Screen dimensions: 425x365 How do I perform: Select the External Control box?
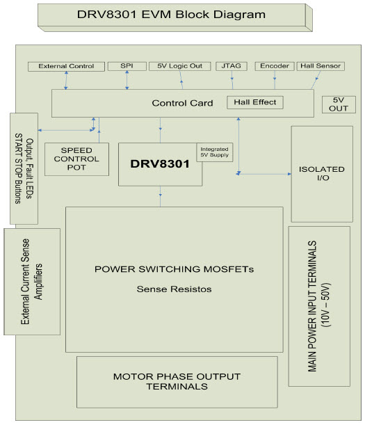click(66, 66)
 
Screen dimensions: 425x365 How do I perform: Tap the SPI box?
click(127, 66)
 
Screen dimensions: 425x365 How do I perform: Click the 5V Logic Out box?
click(179, 66)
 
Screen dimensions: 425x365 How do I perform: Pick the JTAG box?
click(230, 66)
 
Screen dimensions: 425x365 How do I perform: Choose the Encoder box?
click(274, 66)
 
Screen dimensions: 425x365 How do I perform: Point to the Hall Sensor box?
click(321, 66)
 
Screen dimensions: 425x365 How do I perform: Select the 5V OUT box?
click(339, 104)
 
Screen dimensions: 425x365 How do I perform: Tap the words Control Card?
click(182, 104)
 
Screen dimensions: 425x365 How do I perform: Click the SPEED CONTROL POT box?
click(76, 159)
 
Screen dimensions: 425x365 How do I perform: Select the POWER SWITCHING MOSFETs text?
click(174, 269)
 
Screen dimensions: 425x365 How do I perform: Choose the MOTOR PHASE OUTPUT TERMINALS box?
click(177, 382)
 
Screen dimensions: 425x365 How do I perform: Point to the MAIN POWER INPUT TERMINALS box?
click(319, 305)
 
